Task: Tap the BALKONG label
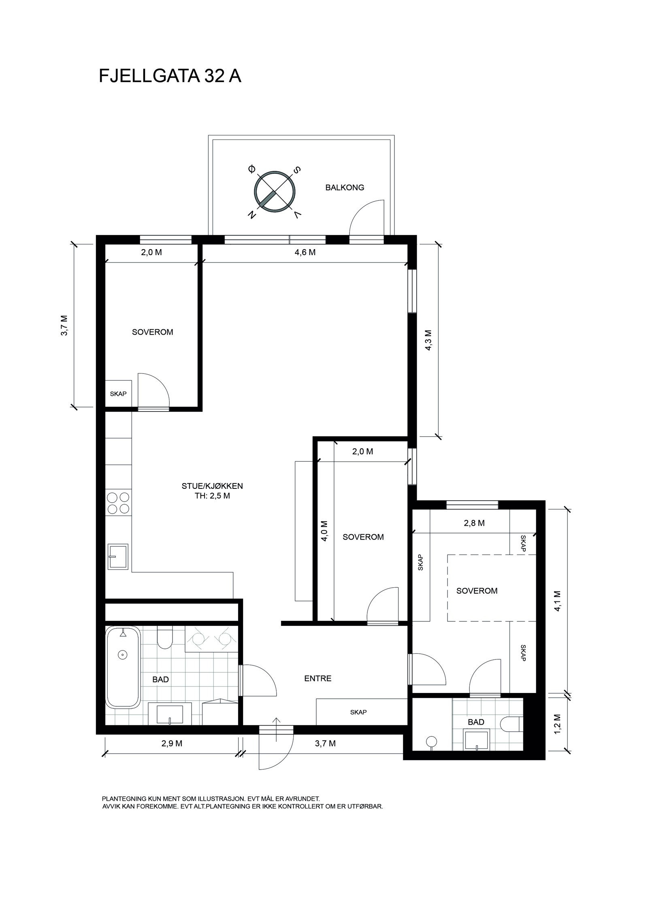(x=345, y=188)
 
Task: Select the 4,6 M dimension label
(x=305, y=252)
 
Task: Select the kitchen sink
(x=118, y=557)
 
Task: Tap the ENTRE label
(x=318, y=678)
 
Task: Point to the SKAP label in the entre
(x=358, y=712)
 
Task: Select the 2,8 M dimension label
(x=474, y=523)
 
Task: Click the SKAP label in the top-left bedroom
(x=118, y=394)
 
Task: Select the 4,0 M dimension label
(x=324, y=531)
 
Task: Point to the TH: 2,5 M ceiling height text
(x=212, y=496)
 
